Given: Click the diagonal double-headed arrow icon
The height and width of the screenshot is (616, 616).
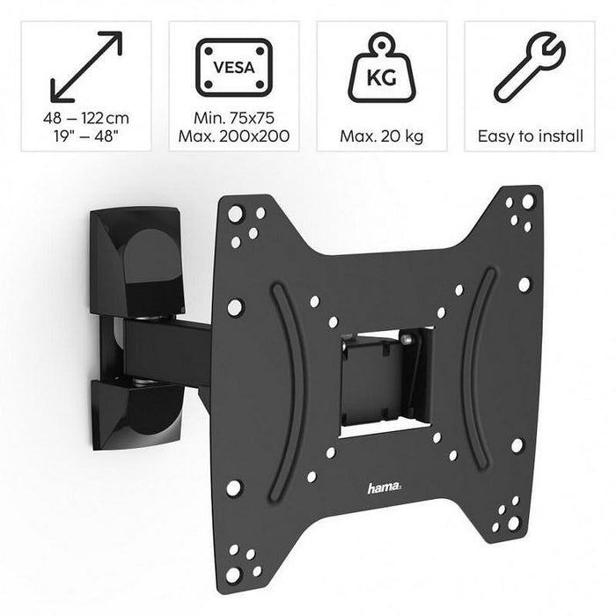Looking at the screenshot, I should click(x=85, y=67).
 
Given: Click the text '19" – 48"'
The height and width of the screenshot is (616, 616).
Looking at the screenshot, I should click(x=85, y=136).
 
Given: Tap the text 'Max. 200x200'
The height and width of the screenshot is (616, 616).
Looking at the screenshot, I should click(x=233, y=136).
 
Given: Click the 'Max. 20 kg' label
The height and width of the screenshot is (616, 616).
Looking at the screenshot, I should click(x=381, y=136).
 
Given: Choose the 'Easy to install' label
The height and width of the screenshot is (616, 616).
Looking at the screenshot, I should click(x=529, y=136).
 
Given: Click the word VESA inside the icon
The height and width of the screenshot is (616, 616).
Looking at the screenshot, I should click(x=233, y=65).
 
